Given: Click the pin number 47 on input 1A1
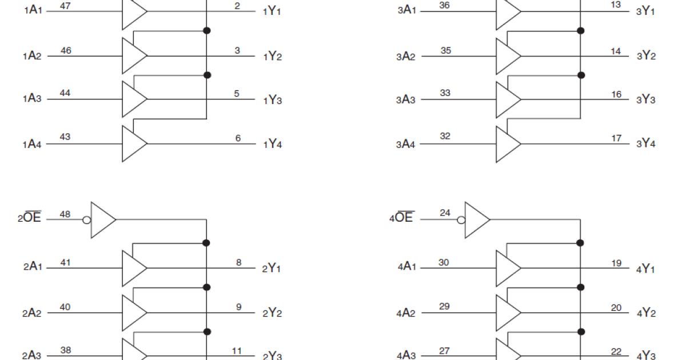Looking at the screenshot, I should (x=65, y=6).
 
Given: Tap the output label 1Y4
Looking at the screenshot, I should (x=273, y=144).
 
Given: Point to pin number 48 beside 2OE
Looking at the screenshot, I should (x=65, y=214).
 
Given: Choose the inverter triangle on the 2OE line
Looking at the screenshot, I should (x=103, y=219).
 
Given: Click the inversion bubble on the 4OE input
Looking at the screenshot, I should (x=461, y=219).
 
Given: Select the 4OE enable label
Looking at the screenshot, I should (x=404, y=218).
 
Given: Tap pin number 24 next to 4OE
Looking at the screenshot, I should (x=445, y=213).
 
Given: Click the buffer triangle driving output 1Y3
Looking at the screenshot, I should (x=134, y=99).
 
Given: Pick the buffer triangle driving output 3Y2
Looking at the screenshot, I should (x=508, y=56).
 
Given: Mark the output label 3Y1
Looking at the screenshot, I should (x=645, y=11).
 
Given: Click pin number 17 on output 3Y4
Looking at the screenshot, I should (x=616, y=138).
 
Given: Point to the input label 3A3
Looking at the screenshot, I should (x=406, y=100).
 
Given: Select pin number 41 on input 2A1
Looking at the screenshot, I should (x=65, y=263).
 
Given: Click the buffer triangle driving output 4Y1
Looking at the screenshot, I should (x=508, y=268).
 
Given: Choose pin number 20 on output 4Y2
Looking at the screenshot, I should (x=616, y=307).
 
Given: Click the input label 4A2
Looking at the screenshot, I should (x=406, y=313).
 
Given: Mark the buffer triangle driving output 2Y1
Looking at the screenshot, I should (x=134, y=268).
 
